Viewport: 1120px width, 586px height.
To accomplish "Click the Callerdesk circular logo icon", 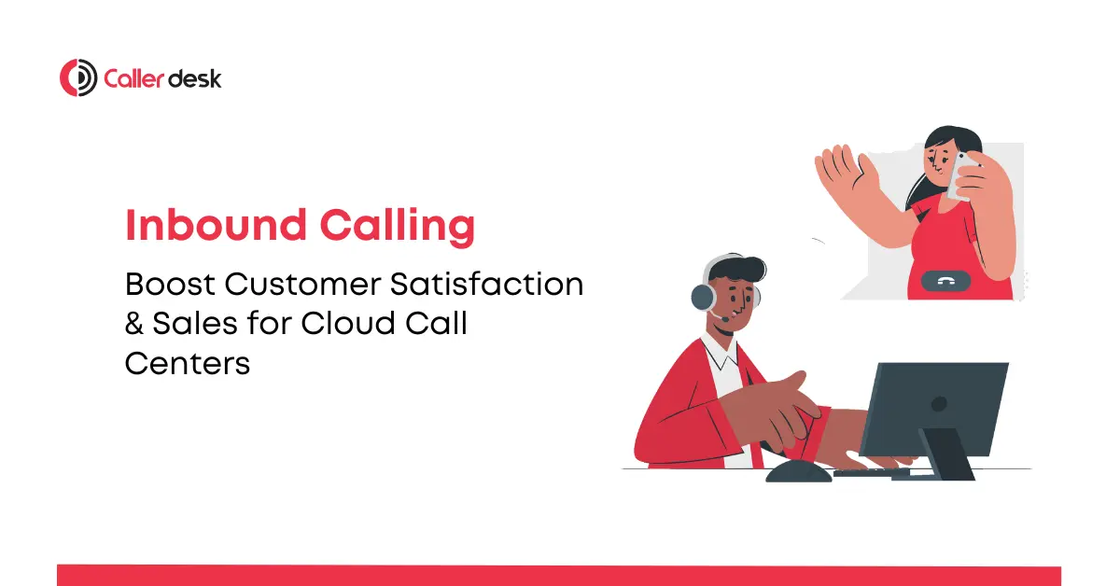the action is click(78, 77).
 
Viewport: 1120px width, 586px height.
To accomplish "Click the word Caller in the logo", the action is click(133, 78).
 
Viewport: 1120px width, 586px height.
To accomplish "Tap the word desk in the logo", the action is click(194, 78).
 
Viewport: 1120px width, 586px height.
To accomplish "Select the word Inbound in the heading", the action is click(216, 225).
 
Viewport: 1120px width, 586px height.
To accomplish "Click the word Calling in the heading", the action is click(398, 228).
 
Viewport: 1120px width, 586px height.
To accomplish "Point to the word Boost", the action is click(170, 284).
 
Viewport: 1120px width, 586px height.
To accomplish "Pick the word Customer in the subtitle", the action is click(302, 284).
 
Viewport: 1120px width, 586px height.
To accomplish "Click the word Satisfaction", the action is click(486, 284).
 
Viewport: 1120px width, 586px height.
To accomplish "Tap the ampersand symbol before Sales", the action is click(134, 323).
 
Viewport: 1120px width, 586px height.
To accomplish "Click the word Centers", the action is click(187, 363).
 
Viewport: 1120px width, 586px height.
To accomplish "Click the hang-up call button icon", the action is click(945, 281).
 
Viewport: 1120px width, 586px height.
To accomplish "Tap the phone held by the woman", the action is click(960, 177).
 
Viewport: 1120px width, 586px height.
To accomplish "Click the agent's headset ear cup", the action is click(704, 297).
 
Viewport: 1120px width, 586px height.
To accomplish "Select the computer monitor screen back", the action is click(934, 409).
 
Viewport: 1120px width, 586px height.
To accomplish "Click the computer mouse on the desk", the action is click(799, 472).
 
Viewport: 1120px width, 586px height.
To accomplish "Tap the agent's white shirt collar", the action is click(720, 353).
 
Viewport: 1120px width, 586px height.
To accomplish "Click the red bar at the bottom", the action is click(559, 576).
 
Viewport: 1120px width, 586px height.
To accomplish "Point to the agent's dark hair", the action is click(737, 269).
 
